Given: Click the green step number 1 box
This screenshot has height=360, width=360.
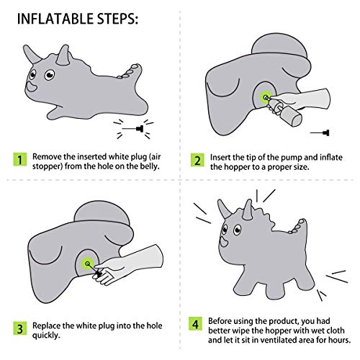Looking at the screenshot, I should coord(21,157).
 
